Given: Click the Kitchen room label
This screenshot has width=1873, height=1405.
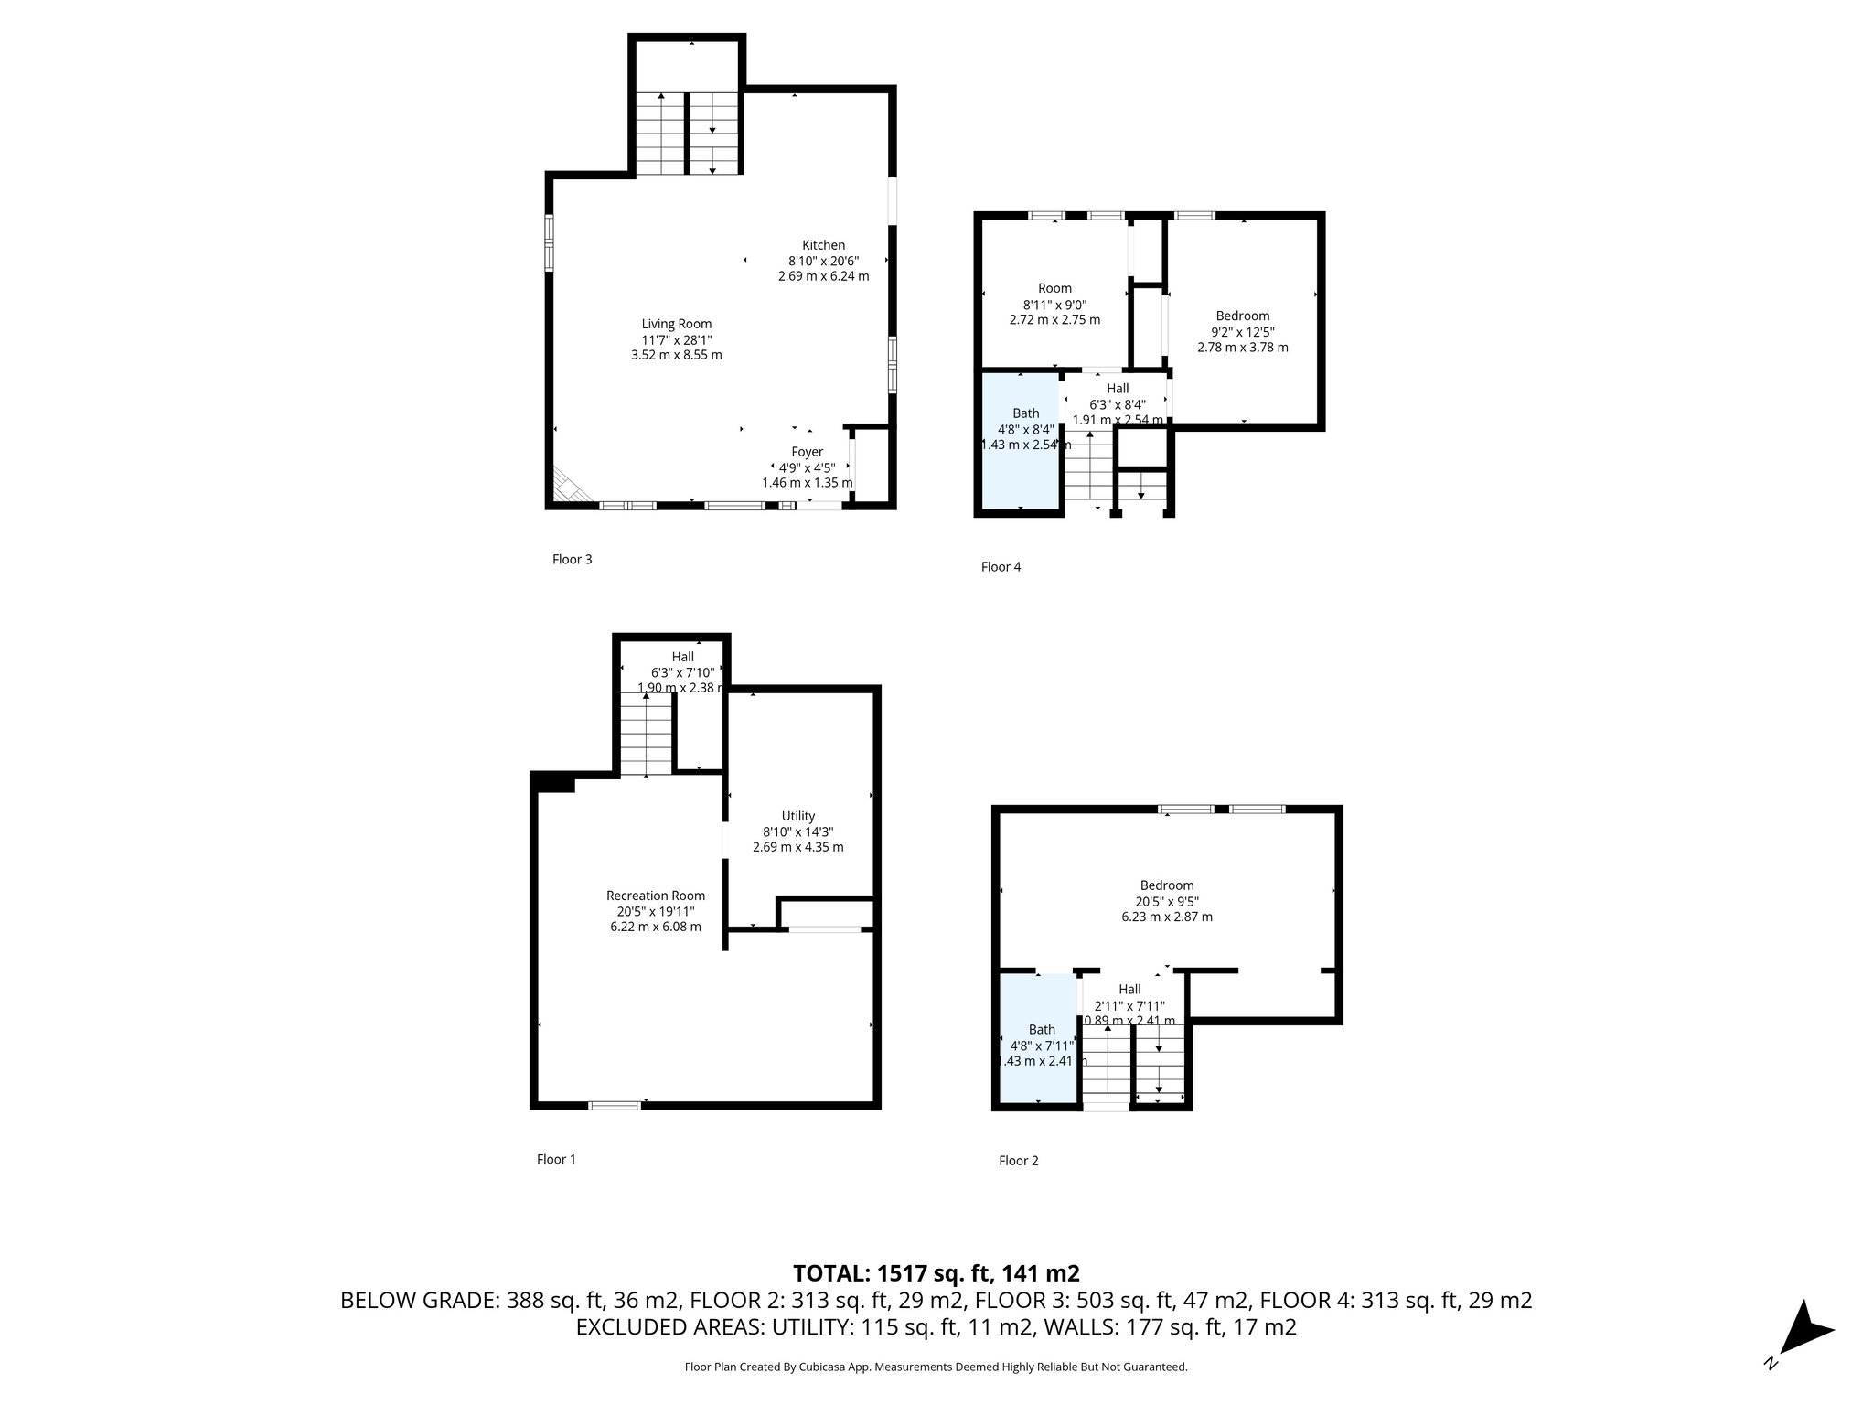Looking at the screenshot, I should [823, 245].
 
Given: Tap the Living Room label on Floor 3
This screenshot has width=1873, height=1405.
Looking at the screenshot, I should [676, 324].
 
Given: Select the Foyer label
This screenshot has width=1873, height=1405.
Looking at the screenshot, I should [807, 452].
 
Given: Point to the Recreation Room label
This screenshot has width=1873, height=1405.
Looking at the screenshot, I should [656, 896].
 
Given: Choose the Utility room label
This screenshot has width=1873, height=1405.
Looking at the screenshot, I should [797, 816].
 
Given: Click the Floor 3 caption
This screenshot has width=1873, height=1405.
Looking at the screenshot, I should [572, 559].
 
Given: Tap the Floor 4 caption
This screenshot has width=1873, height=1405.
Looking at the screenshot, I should [1001, 567].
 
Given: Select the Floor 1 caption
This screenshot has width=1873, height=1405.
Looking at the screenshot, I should [556, 1159].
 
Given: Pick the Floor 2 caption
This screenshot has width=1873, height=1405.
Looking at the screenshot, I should [1018, 1161].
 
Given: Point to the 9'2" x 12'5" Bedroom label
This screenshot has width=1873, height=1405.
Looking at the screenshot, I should [1242, 316].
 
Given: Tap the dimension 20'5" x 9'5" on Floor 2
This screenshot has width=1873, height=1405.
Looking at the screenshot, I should [1166, 901].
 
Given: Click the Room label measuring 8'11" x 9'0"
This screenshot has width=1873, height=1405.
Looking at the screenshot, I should [1054, 288].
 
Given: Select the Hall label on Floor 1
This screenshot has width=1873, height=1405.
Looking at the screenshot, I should [682, 657].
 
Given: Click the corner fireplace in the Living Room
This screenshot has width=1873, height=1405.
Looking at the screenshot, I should [569, 488].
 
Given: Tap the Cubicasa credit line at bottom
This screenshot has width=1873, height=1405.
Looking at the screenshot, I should [936, 1367].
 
